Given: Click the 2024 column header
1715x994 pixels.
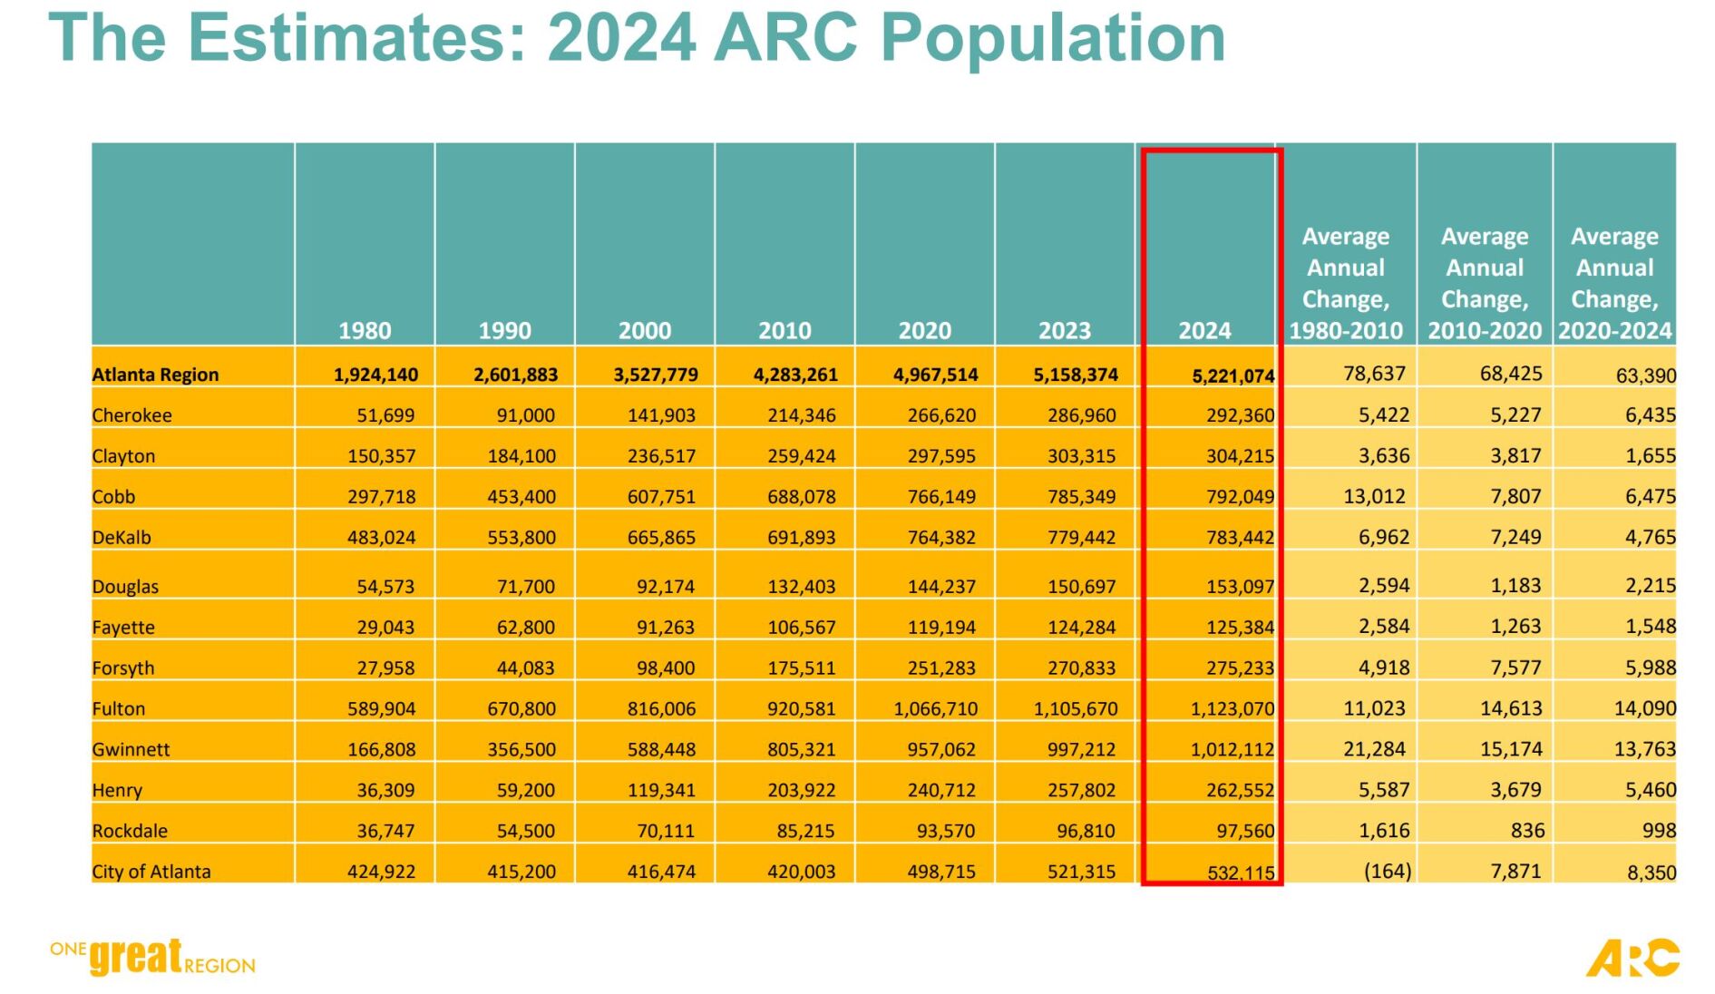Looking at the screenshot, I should click(x=1204, y=331).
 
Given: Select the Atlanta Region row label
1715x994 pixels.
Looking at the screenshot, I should click(x=155, y=375).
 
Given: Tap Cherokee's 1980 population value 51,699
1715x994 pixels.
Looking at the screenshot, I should click(x=385, y=415).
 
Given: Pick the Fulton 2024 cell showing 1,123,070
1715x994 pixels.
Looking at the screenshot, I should click(x=1232, y=709).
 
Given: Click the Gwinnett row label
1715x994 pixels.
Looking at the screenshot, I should click(x=131, y=750).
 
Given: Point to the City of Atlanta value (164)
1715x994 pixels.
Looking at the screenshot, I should click(x=1388, y=872).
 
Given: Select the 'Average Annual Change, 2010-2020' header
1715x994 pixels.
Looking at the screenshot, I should click(x=1485, y=283).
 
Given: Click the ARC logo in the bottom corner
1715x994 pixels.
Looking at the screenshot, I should click(x=1632, y=959).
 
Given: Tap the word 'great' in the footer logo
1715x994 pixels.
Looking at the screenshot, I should click(x=136, y=957).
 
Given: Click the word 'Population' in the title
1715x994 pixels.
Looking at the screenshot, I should click(x=1052, y=38).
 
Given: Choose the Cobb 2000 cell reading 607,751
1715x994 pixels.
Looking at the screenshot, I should click(x=661, y=497).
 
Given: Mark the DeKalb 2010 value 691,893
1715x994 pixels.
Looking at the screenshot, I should click(x=801, y=538).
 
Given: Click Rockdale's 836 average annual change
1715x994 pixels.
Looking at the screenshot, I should click(x=1527, y=831).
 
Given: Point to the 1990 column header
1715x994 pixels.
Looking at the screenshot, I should click(x=504, y=331).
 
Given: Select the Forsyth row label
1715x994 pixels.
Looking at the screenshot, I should click(x=123, y=668).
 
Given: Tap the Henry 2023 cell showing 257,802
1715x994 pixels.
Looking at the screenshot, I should click(x=1081, y=791).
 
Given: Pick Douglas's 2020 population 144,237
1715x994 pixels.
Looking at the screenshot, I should click(x=941, y=587).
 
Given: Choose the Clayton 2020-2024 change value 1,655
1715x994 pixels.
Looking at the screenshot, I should click(x=1650, y=456).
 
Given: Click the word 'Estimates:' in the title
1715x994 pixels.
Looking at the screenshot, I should click(x=356, y=38).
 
